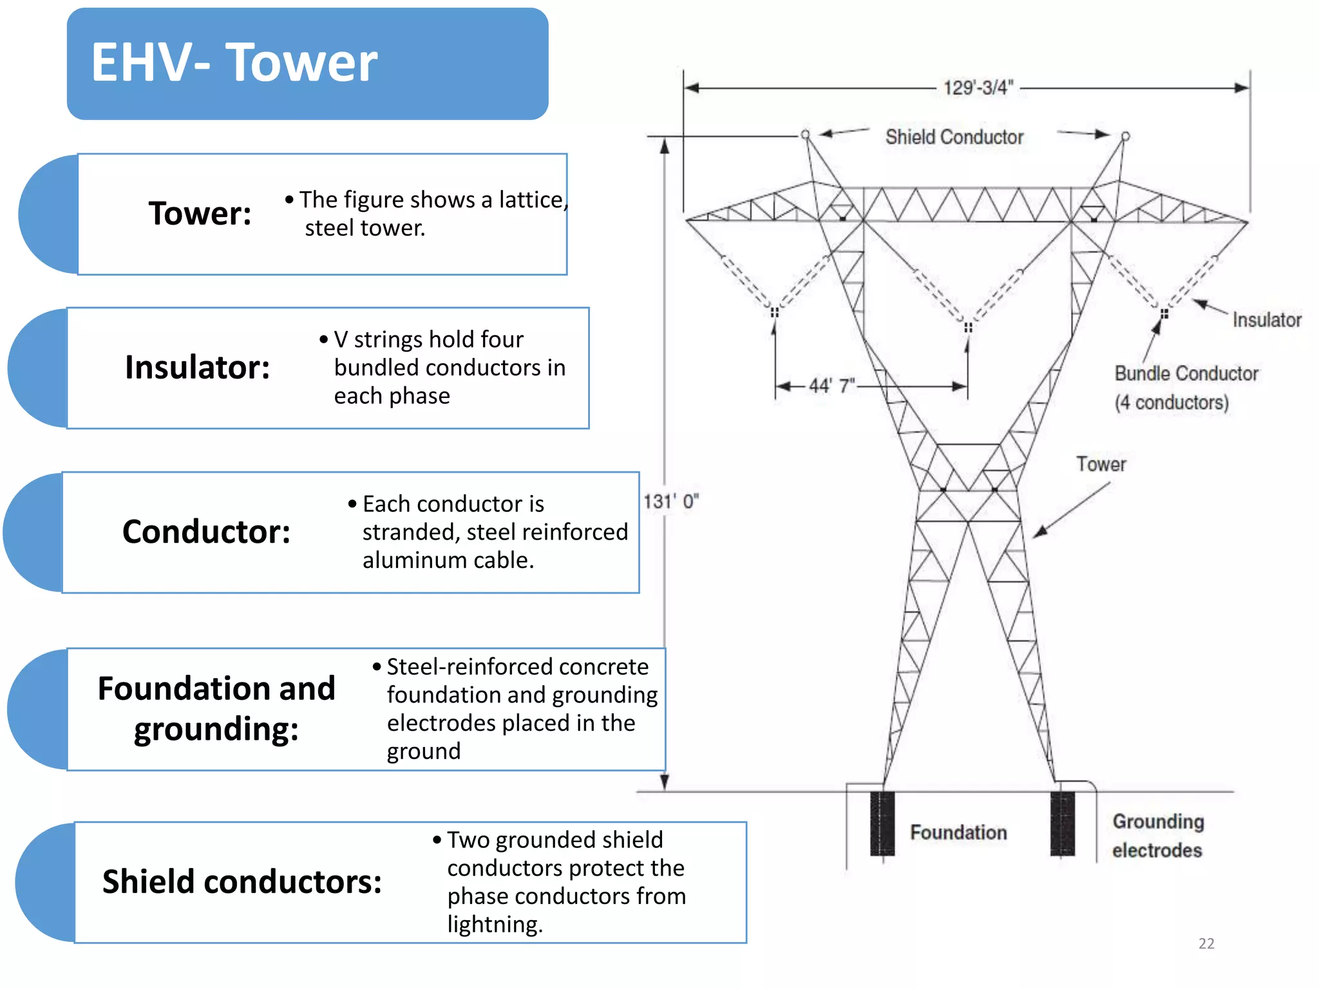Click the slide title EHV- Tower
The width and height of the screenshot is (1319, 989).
pos(234,62)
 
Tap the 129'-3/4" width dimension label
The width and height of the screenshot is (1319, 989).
pos(978,88)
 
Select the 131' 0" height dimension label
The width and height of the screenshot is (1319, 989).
pos(671,501)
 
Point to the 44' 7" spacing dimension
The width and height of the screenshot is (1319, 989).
pos(831,386)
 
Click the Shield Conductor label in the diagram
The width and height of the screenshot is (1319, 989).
pos(954,137)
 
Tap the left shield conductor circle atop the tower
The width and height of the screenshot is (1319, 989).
pos(805,135)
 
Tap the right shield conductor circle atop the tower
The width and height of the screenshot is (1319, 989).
pos(1125,136)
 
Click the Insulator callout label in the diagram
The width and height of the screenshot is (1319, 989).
pos(1266,320)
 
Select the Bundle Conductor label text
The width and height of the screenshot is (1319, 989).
pos(1186,373)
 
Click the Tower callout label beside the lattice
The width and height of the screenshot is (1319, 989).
pos(1101,464)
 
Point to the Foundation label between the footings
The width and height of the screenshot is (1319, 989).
pos(958,833)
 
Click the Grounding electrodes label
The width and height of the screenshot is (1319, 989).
pos(1157,836)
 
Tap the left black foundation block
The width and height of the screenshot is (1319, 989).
pos(882,824)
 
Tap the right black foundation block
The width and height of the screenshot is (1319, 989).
pos(1062,824)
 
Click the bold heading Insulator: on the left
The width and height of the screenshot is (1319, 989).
pos(197,368)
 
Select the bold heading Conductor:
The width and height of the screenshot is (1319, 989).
pos(206,532)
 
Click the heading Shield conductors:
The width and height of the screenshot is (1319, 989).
pos(242,881)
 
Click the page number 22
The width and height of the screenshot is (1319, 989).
pos(1206,943)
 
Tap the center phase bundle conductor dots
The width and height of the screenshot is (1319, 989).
pos(967,328)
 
